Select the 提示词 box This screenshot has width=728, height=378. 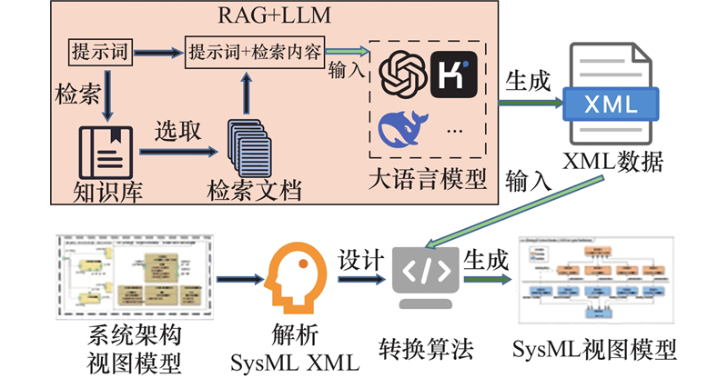[x=98, y=51]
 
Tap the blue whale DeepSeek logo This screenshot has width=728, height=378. [x=403, y=126]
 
